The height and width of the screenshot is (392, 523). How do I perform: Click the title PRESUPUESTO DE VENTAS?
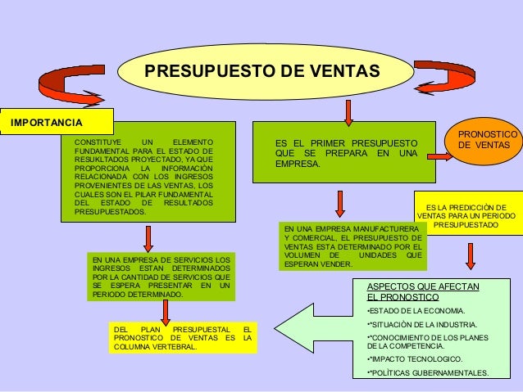tap(262, 71)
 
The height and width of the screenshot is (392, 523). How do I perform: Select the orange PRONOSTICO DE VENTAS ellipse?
tap(483, 140)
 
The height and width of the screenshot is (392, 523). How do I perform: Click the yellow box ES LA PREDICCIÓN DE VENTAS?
tap(466, 215)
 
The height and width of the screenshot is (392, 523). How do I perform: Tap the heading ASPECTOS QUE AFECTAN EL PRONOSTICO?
tap(423, 291)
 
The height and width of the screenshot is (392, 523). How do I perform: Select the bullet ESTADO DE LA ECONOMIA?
tap(416, 311)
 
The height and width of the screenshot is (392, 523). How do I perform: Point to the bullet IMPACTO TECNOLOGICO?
tap(415, 359)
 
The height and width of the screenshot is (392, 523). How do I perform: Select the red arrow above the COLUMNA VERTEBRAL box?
tap(167, 309)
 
